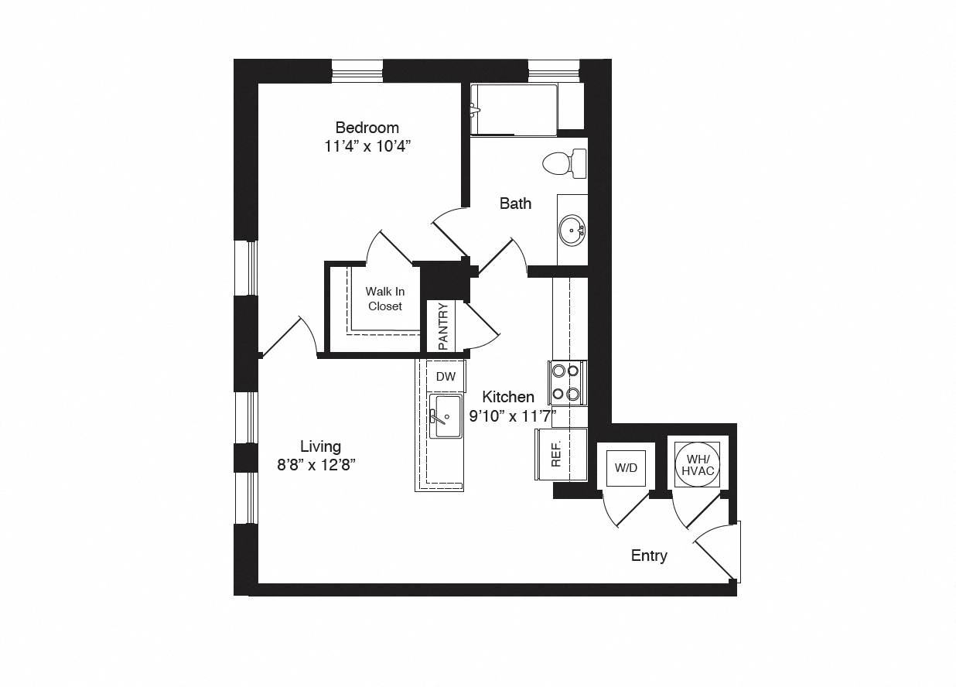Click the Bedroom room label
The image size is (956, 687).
(367, 128)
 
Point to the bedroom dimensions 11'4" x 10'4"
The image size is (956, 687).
(367, 146)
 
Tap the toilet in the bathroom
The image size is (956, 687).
(563, 163)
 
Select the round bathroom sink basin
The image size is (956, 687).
(572, 229)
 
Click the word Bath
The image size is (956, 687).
(515, 203)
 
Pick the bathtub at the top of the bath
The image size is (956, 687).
(514, 110)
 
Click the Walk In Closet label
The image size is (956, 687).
(384, 299)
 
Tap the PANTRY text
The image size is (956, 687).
(443, 326)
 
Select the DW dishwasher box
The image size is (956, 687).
(446, 377)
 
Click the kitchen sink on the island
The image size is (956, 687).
(445, 417)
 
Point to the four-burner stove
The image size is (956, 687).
(567, 382)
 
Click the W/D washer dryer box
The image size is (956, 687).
(625, 468)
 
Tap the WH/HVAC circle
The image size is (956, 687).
(697, 464)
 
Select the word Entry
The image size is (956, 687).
(648, 555)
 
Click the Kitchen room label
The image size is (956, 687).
(507, 397)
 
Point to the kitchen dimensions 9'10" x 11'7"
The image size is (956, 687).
(513, 415)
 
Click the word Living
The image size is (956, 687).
(320, 446)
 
